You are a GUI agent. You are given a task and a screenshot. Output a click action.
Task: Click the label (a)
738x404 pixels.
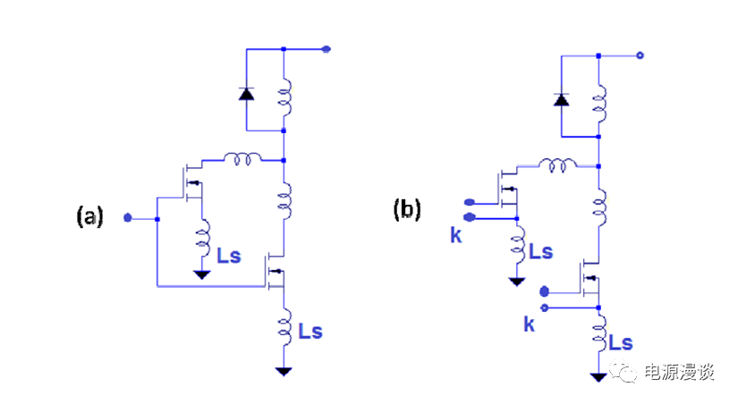(x=90, y=216)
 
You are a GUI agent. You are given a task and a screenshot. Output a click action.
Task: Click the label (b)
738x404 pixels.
(x=407, y=209)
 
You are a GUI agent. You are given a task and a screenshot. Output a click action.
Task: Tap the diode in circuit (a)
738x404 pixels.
(x=247, y=92)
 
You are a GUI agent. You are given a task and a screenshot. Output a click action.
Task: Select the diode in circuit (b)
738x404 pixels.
(x=562, y=98)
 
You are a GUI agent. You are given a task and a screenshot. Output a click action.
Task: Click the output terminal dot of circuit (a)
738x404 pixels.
(x=327, y=49)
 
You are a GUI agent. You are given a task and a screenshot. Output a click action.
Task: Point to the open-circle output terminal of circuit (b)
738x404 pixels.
(x=640, y=55)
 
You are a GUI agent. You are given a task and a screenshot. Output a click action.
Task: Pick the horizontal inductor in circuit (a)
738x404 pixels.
(x=242, y=159)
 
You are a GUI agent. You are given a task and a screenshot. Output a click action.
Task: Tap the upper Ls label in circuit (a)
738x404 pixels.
(x=229, y=256)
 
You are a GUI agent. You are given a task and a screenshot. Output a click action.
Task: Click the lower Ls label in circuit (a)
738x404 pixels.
(x=310, y=332)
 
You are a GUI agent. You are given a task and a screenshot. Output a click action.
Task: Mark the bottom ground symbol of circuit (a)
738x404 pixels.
(x=284, y=370)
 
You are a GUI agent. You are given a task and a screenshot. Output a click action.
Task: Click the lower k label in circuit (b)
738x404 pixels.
(x=530, y=324)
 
